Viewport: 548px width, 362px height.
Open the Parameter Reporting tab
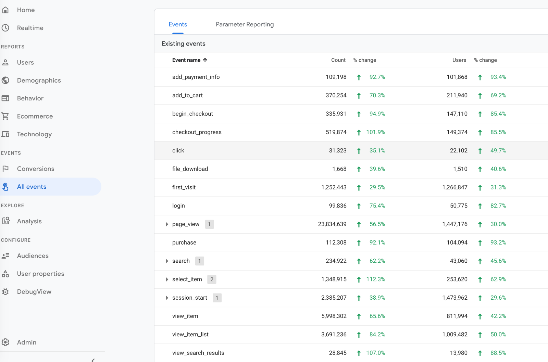pos(245,24)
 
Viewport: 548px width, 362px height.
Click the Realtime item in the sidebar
pos(30,28)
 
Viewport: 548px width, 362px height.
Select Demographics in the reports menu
pos(39,80)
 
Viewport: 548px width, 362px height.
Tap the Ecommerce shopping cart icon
pos(5,116)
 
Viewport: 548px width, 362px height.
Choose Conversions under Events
pos(36,169)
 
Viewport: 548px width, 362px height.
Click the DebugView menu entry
pos(34,292)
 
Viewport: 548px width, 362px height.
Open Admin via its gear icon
pos(5,342)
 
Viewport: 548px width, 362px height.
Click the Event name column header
pos(186,60)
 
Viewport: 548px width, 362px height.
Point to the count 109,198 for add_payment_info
pos(336,77)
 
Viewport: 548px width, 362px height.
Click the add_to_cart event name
pos(187,96)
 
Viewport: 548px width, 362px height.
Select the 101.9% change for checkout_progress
pos(376,132)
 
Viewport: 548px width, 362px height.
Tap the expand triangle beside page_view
pos(167,224)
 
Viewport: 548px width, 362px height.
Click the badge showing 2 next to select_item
pos(212,279)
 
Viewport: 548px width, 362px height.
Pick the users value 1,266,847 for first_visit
pos(454,187)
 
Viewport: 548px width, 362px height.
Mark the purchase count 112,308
pos(336,242)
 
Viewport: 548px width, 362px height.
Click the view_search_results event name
pos(198,353)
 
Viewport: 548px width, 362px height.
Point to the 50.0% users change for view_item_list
pos(498,335)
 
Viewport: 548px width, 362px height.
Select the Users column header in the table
pos(459,60)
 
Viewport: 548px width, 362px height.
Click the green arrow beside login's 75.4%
pos(359,206)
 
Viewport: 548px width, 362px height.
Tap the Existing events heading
pos(184,44)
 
